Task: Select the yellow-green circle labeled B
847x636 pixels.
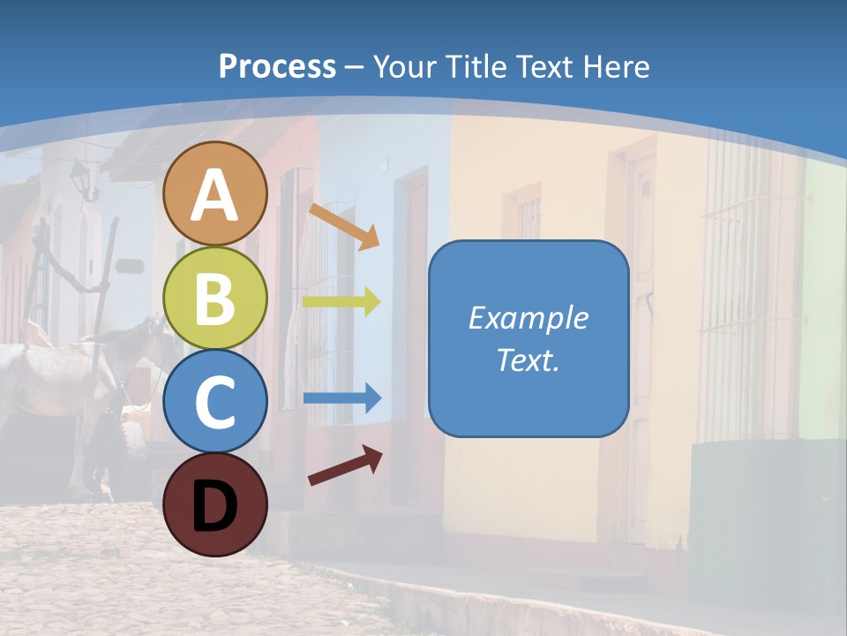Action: tap(214, 298)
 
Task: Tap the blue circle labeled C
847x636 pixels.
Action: tap(214, 401)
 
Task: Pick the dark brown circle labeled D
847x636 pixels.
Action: tap(214, 504)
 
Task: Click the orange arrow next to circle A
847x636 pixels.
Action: tap(343, 225)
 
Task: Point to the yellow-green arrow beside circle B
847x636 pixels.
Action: tap(341, 301)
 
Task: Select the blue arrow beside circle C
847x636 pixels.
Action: tap(341, 398)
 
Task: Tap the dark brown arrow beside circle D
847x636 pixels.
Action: tap(345, 466)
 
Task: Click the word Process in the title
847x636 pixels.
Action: tap(277, 66)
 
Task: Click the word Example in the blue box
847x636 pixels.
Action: tap(528, 318)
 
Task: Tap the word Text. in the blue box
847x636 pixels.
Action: tap(528, 360)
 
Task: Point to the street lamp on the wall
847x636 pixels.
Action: tap(81, 179)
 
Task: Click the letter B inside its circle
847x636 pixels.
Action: tap(214, 298)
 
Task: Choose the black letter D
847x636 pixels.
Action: tap(214, 504)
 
